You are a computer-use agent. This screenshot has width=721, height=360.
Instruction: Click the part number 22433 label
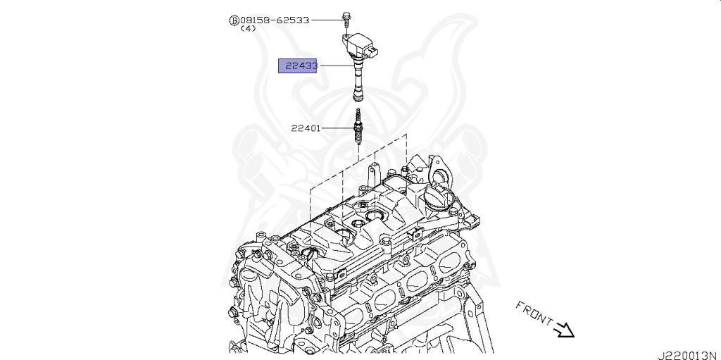coord(299,66)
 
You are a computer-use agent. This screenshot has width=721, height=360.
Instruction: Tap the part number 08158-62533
coord(274,20)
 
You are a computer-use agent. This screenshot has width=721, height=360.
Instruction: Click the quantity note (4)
coord(248,30)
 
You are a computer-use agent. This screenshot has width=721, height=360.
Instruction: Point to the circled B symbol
coord(233,20)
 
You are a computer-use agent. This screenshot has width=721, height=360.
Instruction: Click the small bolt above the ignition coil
coord(347,18)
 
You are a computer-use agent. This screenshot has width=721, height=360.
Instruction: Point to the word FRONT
coord(533,314)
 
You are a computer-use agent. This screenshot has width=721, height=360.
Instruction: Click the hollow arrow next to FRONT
coord(565,329)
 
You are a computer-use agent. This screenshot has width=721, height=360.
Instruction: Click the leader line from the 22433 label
coord(334,66)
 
